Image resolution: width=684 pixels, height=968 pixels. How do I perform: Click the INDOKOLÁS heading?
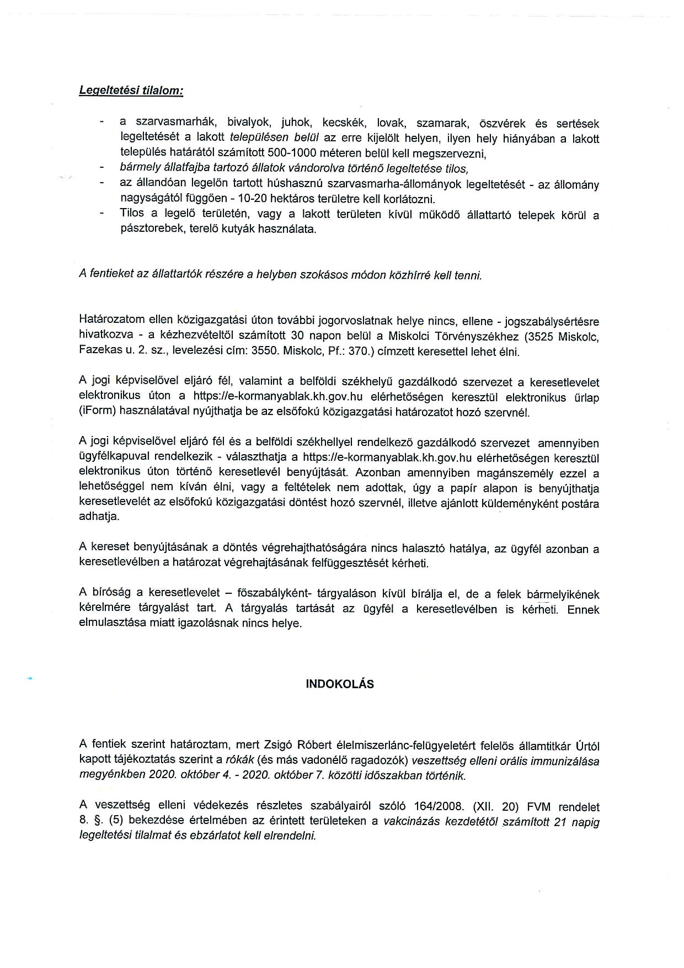(x=340, y=684)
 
